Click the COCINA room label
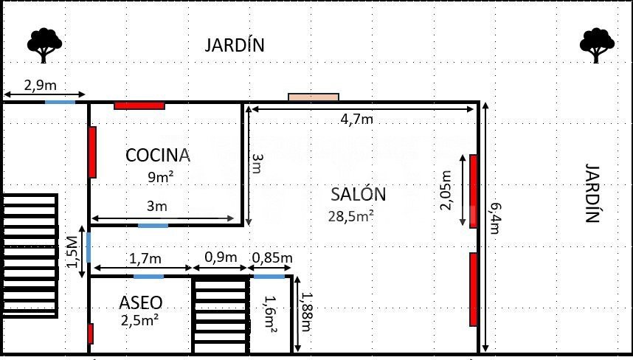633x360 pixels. click(x=158, y=156)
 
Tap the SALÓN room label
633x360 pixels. click(x=358, y=194)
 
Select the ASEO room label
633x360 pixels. click(x=140, y=302)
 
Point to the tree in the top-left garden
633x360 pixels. click(x=44, y=45)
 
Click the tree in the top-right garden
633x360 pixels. click(x=597, y=45)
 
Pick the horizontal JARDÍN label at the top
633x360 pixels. click(x=235, y=44)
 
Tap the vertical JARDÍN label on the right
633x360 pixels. click(x=592, y=193)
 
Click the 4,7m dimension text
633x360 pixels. click(x=357, y=119)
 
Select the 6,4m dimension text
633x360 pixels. click(x=495, y=218)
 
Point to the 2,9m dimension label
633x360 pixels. click(x=41, y=85)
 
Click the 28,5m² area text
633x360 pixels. click(x=350, y=216)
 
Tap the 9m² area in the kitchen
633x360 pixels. click(x=161, y=176)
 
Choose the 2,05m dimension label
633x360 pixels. click(x=446, y=190)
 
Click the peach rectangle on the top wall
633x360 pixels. click(x=314, y=97)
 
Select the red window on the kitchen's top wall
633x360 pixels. click(x=139, y=105)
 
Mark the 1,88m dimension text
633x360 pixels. click(x=306, y=311)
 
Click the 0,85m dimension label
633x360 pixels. click(x=272, y=257)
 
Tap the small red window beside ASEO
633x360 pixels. click(x=91, y=333)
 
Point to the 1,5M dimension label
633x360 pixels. click(x=72, y=252)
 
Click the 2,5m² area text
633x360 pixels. click(x=139, y=321)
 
